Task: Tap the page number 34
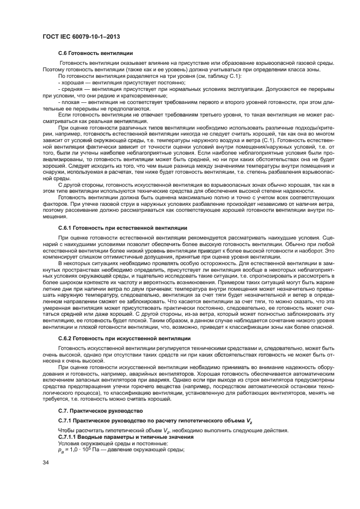coord(46,463)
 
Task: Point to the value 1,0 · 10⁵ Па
coord(72,449)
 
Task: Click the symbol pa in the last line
coord(60,450)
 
